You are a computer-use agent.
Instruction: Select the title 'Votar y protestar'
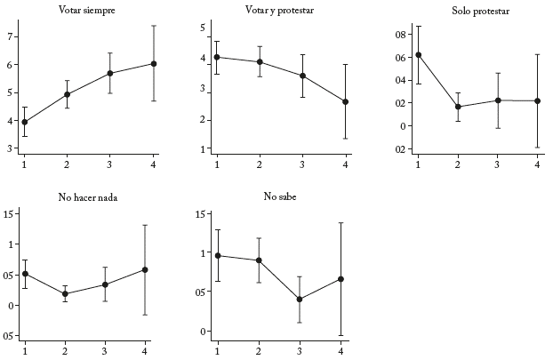[278, 11]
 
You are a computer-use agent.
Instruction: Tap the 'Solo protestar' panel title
[475, 11]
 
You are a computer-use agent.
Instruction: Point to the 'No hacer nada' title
[85, 196]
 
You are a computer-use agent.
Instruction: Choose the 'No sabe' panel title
[278, 196]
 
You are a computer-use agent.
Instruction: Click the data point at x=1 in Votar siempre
[25, 122]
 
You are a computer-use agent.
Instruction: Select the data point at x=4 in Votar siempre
[154, 63]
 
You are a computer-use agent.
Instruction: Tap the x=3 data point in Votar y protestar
[302, 76]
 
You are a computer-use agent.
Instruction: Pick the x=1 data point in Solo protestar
[419, 54]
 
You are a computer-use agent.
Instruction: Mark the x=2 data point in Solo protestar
[458, 107]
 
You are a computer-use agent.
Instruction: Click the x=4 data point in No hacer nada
[145, 269]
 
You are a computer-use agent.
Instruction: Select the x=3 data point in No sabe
[300, 299]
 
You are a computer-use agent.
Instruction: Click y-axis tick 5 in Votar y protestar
[204, 28]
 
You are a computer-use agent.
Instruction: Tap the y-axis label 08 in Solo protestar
[400, 35]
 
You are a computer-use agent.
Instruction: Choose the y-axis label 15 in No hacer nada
[8, 213]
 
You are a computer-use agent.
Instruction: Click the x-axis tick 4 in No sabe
[341, 350]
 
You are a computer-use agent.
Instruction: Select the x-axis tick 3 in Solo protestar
[498, 164]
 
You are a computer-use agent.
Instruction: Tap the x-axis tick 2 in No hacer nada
[65, 350]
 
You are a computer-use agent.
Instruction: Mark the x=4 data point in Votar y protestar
[345, 101]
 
